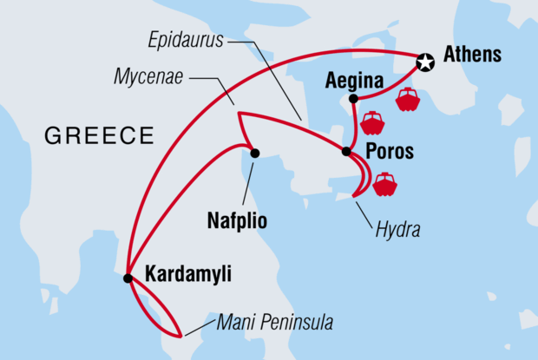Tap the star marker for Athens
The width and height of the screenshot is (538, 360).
click(x=424, y=62)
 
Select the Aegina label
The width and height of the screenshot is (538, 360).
click(x=354, y=82)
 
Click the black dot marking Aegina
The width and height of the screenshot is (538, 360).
click(x=354, y=99)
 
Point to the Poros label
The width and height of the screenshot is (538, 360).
click(x=390, y=151)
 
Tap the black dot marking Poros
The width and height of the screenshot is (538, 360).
click(x=346, y=152)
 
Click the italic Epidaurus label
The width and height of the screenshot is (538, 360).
click(x=185, y=39)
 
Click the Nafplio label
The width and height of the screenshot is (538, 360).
click(x=235, y=220)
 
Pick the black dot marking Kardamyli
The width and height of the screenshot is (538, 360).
click(x=128, y=278)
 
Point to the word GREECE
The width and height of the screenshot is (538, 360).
click(x=99, y=135)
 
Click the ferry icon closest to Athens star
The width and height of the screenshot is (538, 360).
click(x=407, y=100)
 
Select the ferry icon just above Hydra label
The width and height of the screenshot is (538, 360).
click(x=384, y=184)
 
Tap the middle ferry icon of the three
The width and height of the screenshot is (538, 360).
click(x=372, y=123)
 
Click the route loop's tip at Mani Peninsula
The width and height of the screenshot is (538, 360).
click(x=180, y=335)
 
